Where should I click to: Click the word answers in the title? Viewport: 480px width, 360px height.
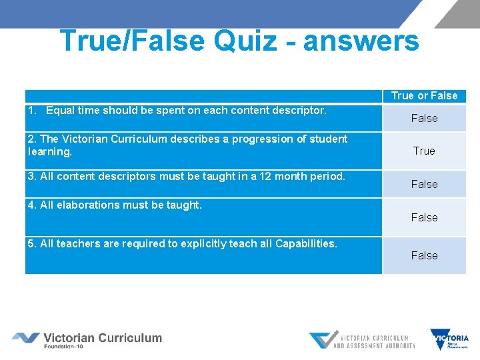[x=361, y=41]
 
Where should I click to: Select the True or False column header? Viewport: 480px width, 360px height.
[x=424, y=96]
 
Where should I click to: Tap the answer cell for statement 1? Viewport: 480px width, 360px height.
[x=424, y=118]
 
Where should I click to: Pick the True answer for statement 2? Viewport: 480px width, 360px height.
[x=424, y=151]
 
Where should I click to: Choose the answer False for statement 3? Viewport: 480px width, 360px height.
[x=424, y=184]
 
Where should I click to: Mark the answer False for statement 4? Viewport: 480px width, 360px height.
[x=424, y=217]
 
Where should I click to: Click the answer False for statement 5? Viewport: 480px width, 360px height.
[x=424, y=255]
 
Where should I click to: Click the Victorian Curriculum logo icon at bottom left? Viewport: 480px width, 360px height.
[x=25, y=338]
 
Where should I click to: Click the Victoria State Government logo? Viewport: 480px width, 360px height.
[x=449, y=339]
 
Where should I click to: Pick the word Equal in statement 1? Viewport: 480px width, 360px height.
[x=61, y=110]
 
